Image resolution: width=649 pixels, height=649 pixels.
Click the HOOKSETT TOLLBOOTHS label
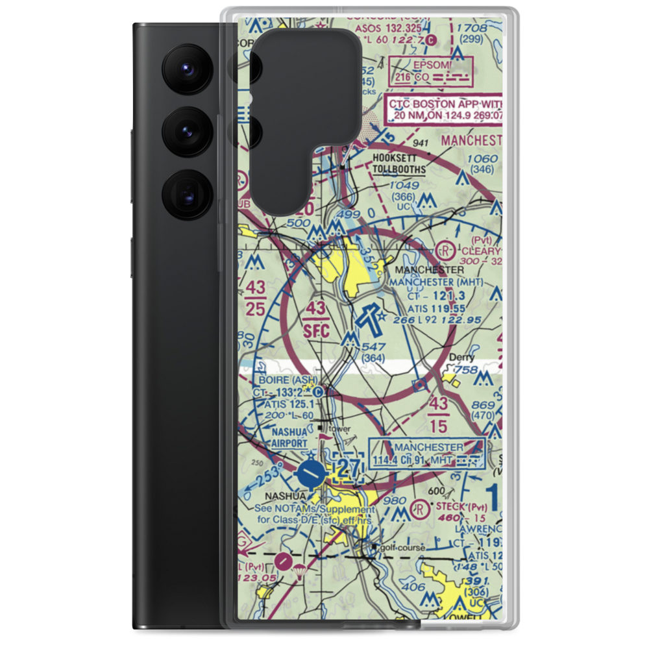point(399,164)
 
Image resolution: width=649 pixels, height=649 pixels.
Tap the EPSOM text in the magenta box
point(412,65)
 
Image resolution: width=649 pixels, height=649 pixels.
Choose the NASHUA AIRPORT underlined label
point(280,437)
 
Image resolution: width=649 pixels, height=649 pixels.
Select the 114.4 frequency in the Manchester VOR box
point(387,460)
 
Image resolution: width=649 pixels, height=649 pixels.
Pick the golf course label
point(403,548)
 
